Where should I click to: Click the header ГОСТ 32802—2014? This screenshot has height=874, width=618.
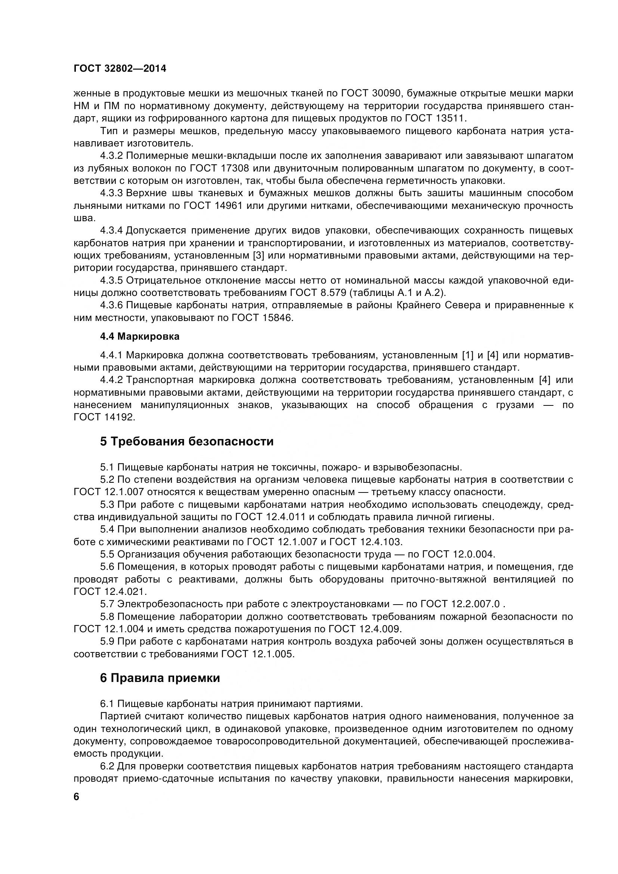(x=120, y=68)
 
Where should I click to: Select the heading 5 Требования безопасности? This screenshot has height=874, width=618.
(x=187, y=442)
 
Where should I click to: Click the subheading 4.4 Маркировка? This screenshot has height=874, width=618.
(x=140, y=337)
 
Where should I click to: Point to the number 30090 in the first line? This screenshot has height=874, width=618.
(x=380, y=93)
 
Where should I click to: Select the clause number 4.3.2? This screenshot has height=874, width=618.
(x=111, y=156)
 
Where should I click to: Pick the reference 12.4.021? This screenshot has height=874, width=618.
(x=124, y=592)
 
